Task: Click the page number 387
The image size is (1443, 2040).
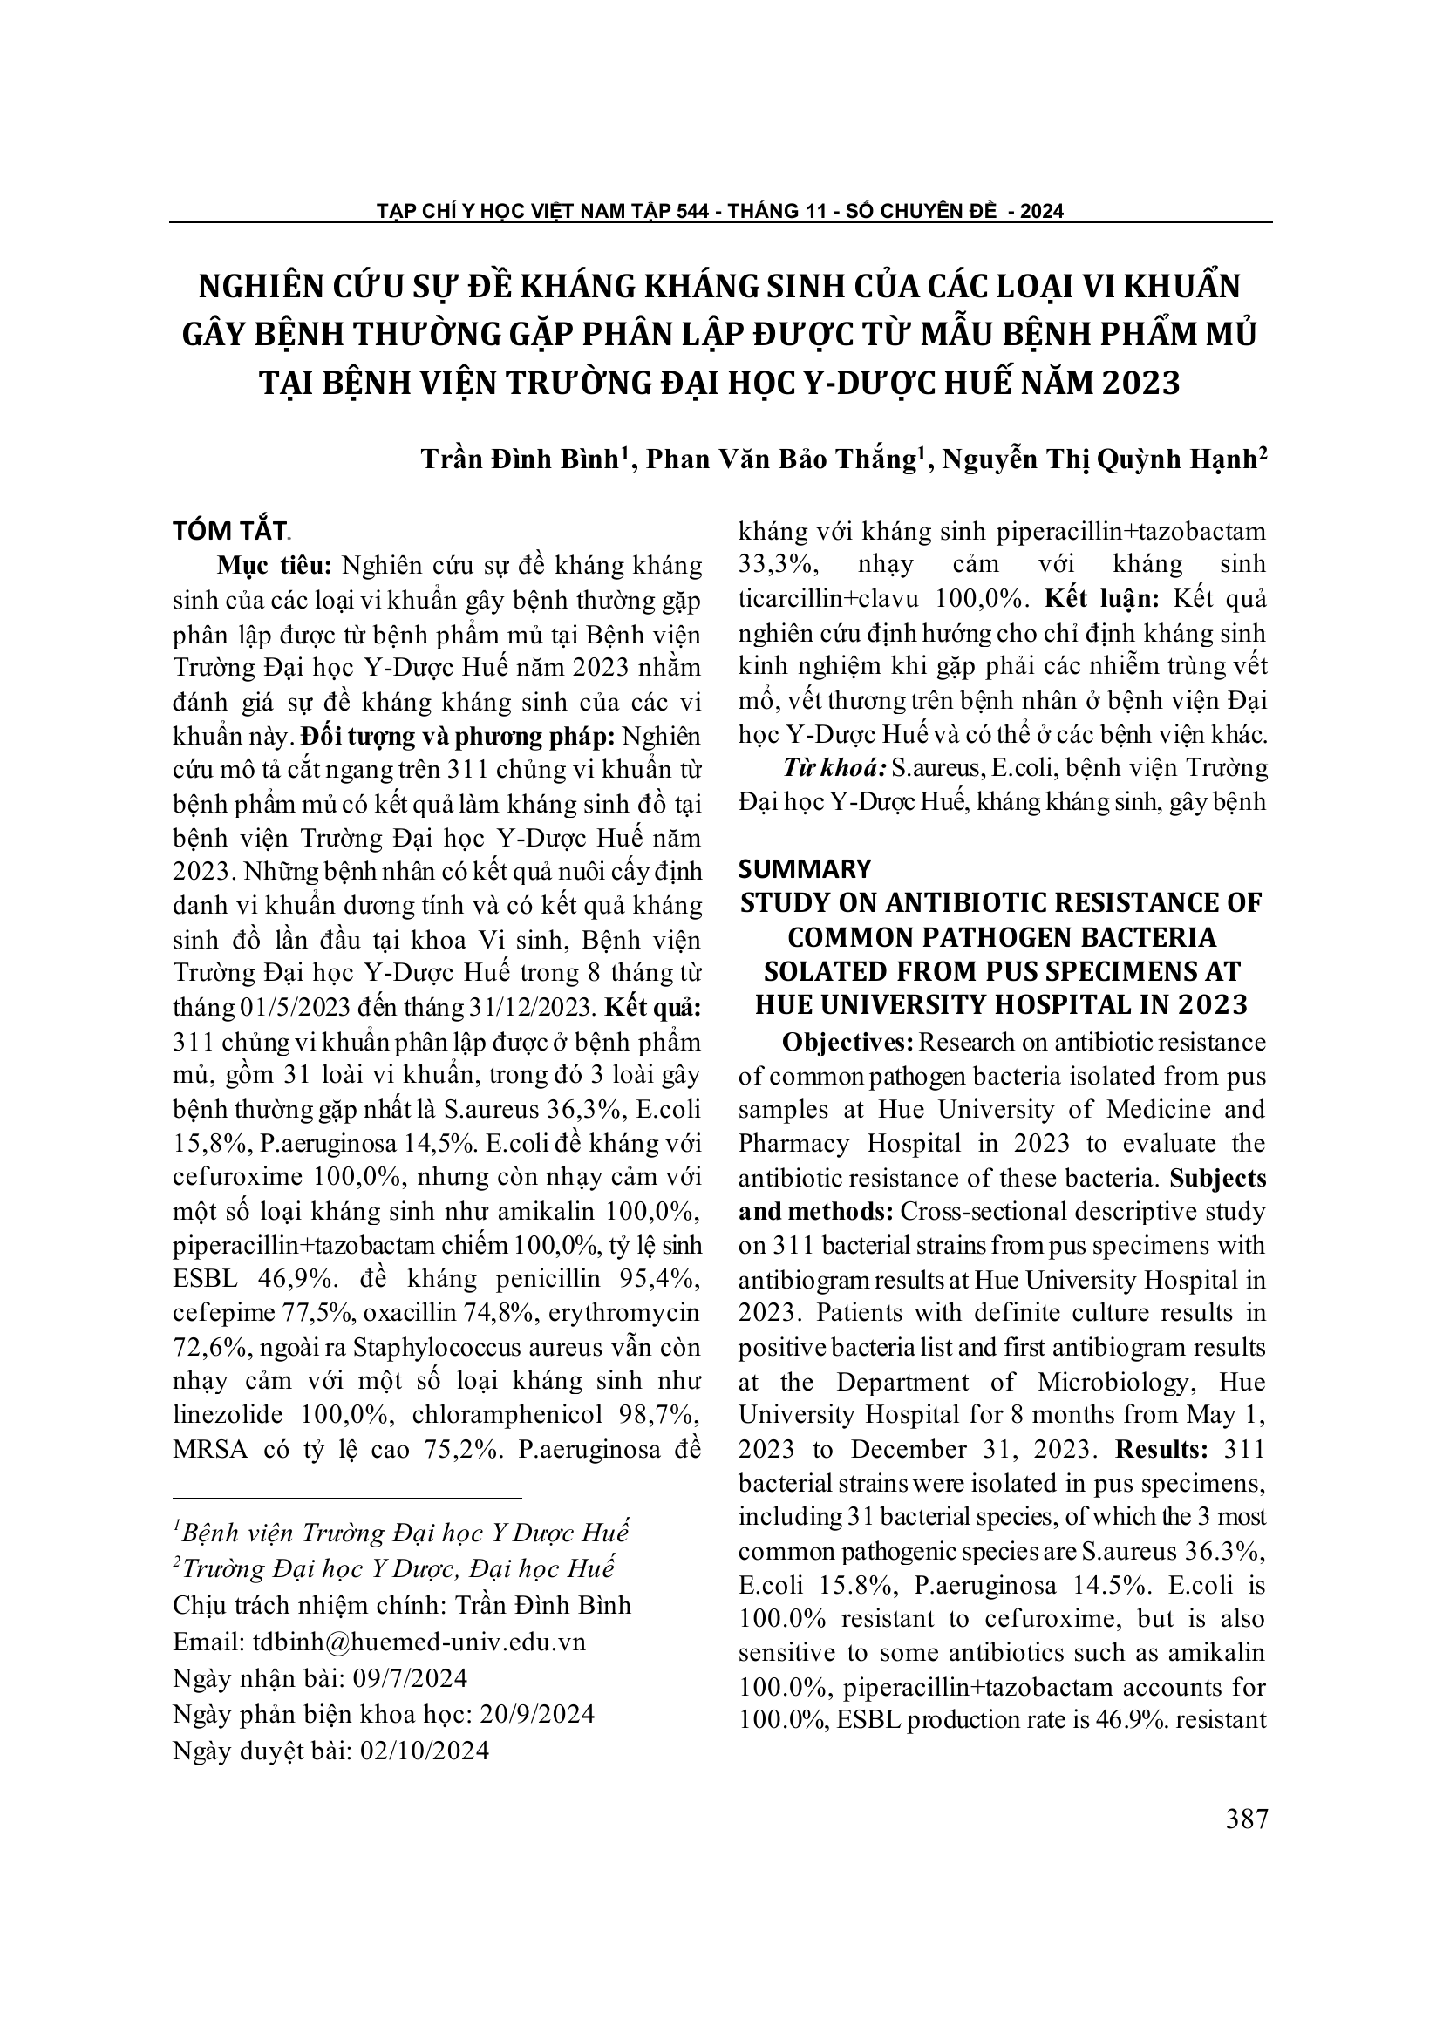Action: (1246, 1819)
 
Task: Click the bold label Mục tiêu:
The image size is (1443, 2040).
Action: (275, 565)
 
